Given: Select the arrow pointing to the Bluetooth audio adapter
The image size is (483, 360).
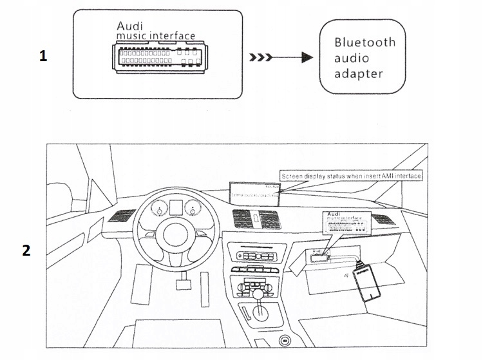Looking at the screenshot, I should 283,57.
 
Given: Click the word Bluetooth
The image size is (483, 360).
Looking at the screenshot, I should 365,43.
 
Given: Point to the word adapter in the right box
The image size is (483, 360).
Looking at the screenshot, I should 359,73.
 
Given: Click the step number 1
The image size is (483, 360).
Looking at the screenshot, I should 43,57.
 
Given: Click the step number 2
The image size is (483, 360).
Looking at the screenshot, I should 26,251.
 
